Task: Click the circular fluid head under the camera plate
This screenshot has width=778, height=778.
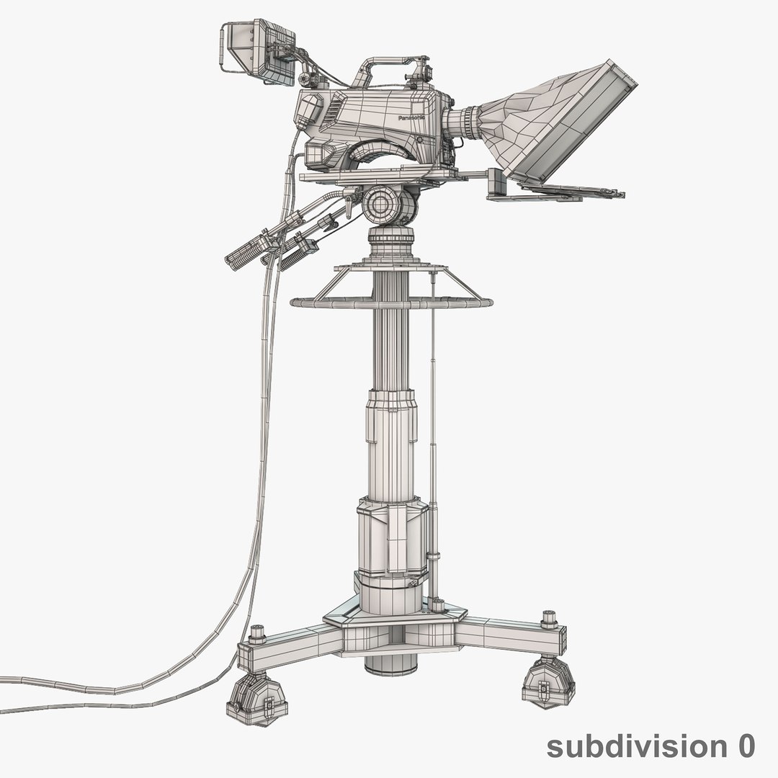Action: click(x=389, y=205)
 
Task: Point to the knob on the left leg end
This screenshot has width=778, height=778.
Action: click(x=256, y=633)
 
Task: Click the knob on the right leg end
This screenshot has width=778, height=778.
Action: click(x=550, y=618)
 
